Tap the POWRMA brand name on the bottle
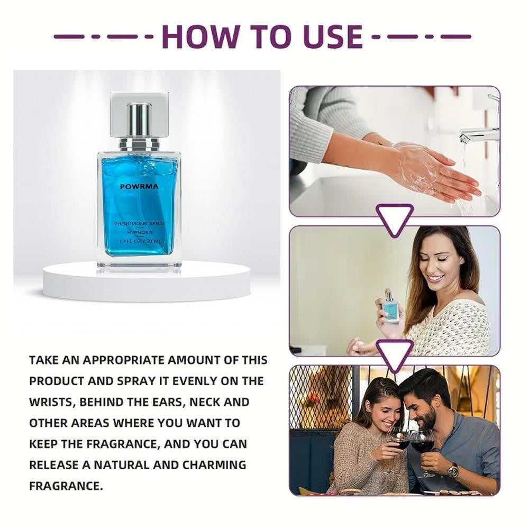pyautogui.click(x=139, y=187)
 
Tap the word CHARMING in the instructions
pyautogui.click(x=214, y=465)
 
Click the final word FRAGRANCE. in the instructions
pyautogui.click(x=66, y=486)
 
